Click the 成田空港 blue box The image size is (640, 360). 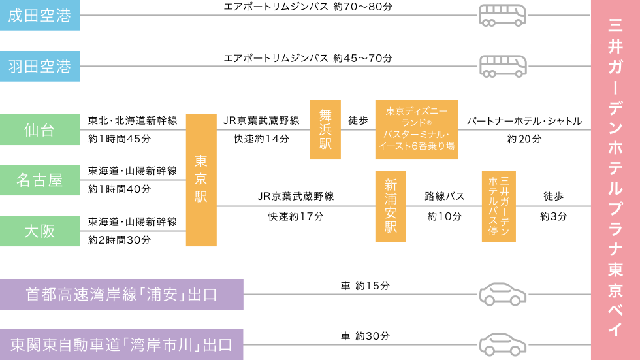[40, 16]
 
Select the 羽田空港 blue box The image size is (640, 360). [40, 66]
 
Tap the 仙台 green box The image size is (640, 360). [40, 130]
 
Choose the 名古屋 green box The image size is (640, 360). [40, 180]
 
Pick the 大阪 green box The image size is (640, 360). [40, 231]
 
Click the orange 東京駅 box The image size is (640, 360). [201, 180]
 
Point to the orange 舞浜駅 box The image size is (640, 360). [325, 130]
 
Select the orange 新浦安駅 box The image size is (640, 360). [391, 206]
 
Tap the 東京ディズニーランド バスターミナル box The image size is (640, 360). [417, 130]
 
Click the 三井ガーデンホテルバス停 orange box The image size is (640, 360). [498, 206]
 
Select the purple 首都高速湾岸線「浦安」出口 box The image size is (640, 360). [121, 295]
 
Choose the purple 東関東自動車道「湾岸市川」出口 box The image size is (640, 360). [121, 344]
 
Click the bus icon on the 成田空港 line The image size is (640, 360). [502, 15]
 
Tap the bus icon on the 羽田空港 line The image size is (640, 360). [502, 66]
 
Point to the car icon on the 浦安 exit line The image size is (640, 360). [502, 295]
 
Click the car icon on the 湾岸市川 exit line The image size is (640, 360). [502, 344]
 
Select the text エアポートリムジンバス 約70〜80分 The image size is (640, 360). [308, 7]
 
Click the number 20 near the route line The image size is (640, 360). [524, 139]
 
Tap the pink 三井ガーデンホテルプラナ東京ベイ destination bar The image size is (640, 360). [615, 180]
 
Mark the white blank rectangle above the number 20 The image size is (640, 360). [522, 107]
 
